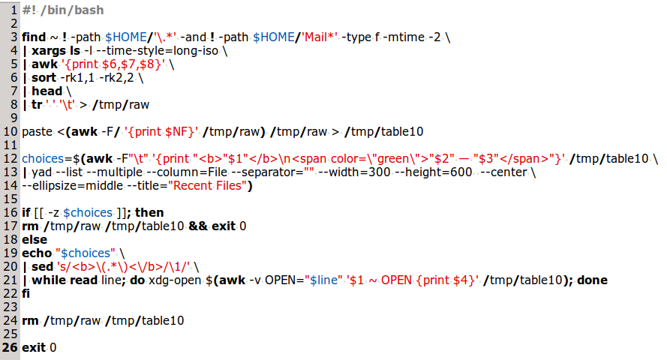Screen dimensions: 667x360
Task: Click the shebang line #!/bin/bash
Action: point(63,10)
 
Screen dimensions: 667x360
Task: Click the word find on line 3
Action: point(34,37)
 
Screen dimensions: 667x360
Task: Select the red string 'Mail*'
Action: point(320,37)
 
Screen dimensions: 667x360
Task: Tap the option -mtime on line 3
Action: point(404,37)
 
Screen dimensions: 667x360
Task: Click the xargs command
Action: point(49,51)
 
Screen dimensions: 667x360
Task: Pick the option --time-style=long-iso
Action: point(157,51)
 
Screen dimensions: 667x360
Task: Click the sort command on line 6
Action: point(44,78)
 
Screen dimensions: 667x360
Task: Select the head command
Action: point(47,91)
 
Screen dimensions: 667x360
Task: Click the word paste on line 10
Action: point(37,132)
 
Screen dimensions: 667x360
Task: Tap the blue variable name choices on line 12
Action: point(43,159)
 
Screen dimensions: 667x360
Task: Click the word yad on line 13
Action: point(42,172)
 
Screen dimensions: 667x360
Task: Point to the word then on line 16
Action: point(149,213)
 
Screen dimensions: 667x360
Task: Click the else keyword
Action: point(35,240)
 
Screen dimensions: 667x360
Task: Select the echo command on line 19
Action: point(37,253)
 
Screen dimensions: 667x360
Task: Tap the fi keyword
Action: point(26,294)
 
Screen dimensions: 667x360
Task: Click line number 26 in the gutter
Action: point(10,348)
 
